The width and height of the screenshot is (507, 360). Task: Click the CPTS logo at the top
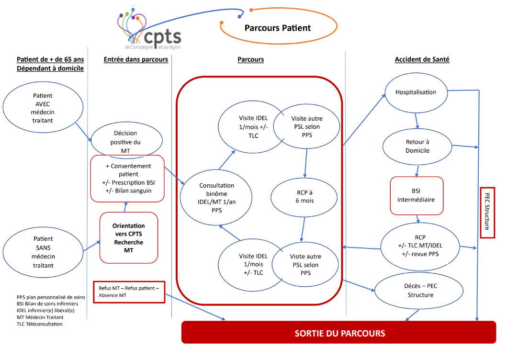click(x=149, y=30)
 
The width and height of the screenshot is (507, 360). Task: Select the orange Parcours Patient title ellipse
click(x=278, y=28)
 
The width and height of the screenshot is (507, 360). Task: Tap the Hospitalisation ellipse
click(x=416, y=92)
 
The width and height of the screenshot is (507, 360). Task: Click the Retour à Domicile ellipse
click(x=417, y=146)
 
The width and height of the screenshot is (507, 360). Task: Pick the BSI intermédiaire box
click(x=417, y=196)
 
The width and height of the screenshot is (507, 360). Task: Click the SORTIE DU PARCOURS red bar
click(x=339, y=333)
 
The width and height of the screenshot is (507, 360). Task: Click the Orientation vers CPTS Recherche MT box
click(x=128, y=238)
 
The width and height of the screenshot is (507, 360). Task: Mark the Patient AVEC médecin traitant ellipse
click(x=43, y=108)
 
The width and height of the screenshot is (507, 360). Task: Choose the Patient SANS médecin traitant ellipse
click(x=43, y=252)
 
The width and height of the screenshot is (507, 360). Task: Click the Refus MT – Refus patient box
click(x=129, y=292)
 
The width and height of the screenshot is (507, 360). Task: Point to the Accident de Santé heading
click(x=422, y=59)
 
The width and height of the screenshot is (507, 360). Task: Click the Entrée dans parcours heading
click(x=135, y=59)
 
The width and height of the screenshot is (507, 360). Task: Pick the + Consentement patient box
click(x=127, y=178)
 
